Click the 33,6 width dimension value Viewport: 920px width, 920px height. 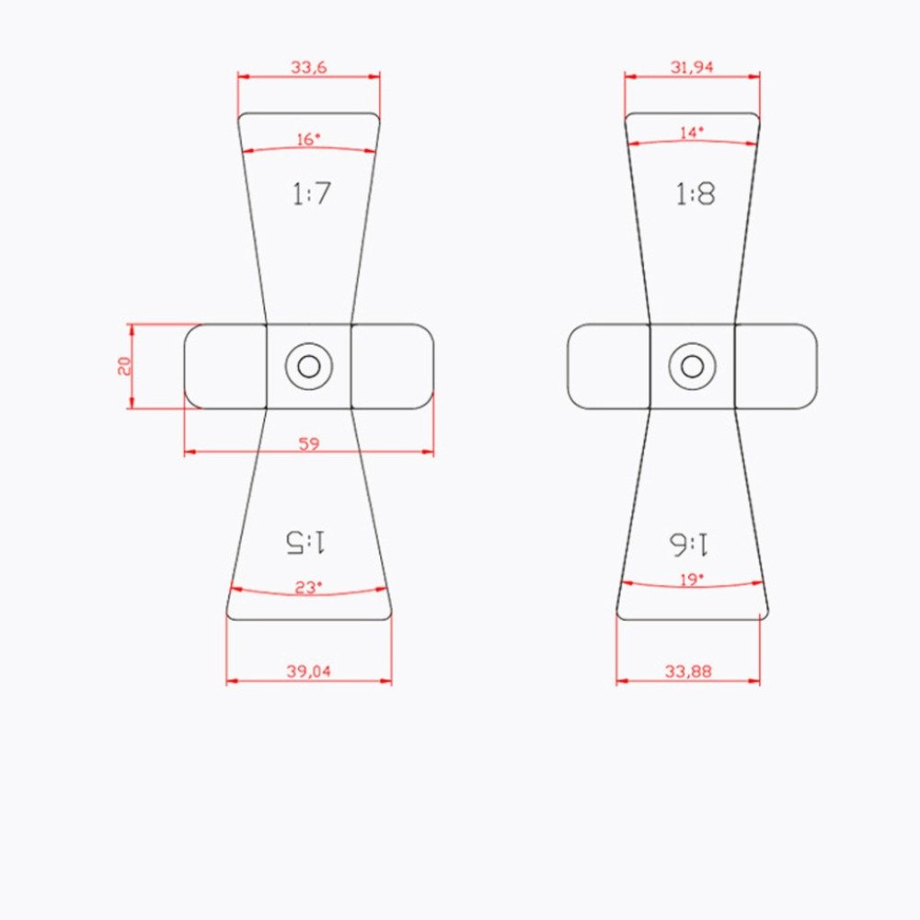point(308,67)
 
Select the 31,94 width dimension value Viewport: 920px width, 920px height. point(692,67)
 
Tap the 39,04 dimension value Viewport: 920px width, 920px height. point(308,671)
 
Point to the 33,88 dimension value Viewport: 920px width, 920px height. point(687,671)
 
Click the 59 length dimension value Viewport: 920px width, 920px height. point(308,443)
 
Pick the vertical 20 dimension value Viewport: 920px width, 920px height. point(124,366)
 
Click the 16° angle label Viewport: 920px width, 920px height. point(308,140)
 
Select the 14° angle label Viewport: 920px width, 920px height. point(692,133)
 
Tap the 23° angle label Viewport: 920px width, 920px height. point(308,587)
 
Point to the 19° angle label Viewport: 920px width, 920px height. point(692,581)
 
